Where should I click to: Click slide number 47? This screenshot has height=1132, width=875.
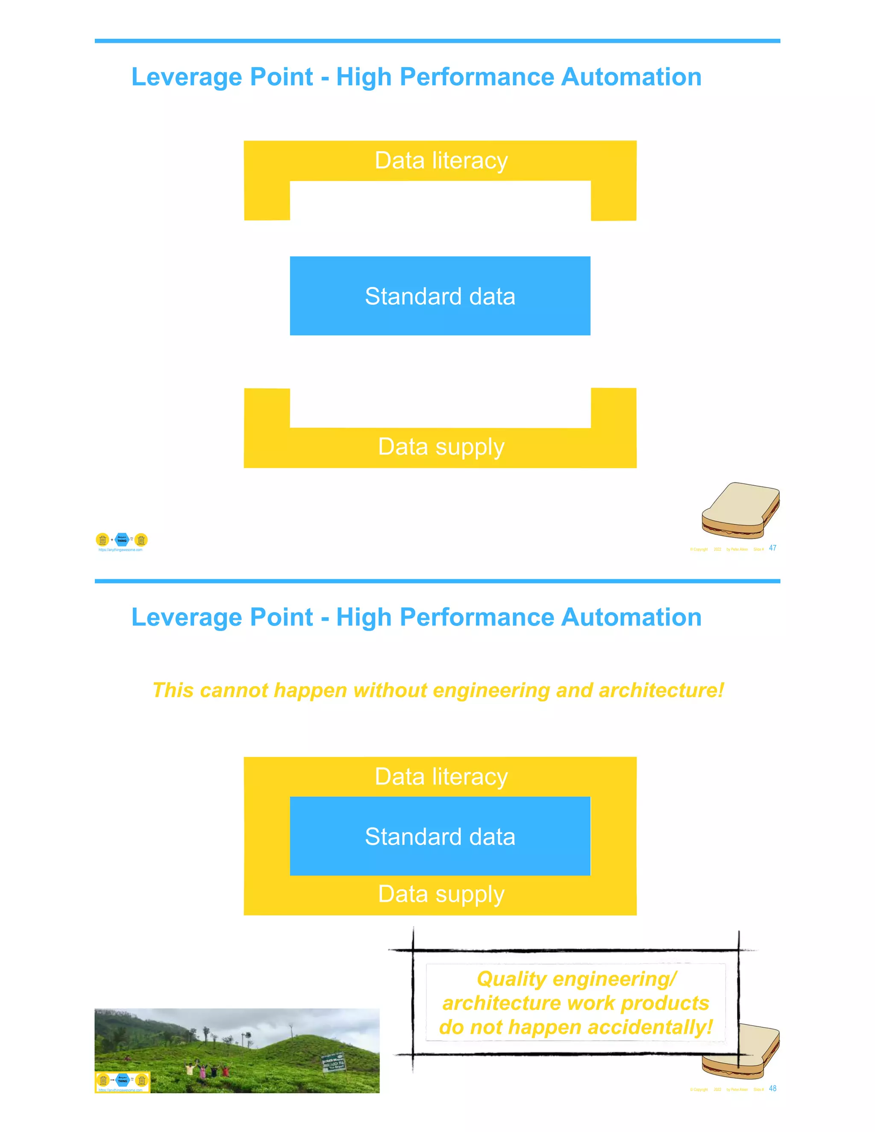[x=772, y=548]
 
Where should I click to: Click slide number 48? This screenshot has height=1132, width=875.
[x=772, y=1088]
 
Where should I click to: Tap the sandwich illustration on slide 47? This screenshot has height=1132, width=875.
[x=740, y=510]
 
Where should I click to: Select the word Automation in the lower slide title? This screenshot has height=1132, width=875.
[x=631, y=617]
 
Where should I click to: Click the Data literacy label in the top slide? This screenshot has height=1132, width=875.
[x=441, y=160]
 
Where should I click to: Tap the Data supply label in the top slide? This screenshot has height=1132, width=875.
[x=441, y=447]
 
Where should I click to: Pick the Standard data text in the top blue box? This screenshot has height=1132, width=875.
[x=440, y=296]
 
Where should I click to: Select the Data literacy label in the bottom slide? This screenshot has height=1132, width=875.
[x=441, y=777]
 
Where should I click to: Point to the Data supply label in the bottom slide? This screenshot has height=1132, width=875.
[x=441, y=894]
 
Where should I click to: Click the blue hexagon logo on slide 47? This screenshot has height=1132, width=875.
[x=122, y=540]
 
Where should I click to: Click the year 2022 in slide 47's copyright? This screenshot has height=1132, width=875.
[x=717, y=549]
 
